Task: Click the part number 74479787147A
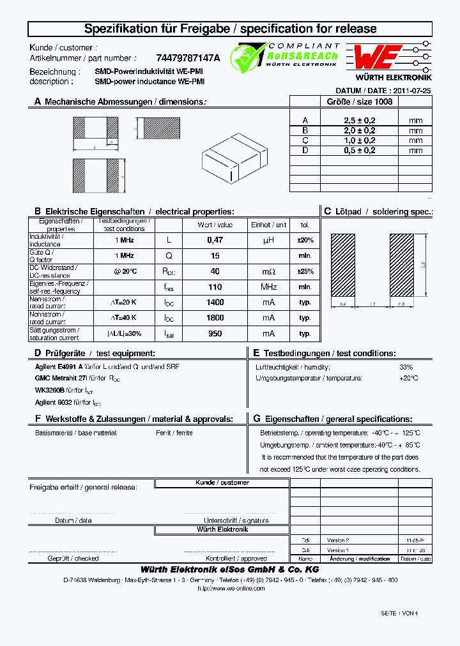coord(187,57)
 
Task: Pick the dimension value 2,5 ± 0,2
coord(359,121)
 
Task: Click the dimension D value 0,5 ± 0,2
coord(359,151)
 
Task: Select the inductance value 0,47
coord(215,240)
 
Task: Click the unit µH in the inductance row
coord(268,240)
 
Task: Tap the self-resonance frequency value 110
coord(215,287)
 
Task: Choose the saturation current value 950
coord(215,333)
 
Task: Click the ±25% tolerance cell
coord(305,271)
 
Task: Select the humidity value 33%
coord(406,367)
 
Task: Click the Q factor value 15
coord(215,255)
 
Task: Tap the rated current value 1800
coord(215,318)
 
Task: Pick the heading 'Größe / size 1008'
coord(359,101)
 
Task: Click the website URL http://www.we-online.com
coord(231,588)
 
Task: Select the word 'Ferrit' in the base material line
coord(163,433)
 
